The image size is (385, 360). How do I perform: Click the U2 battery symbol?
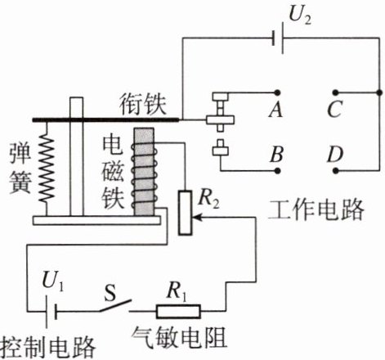(x=278, y=38)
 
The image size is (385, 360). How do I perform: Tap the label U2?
(x=299, y=15)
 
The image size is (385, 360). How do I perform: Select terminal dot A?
(x=277, y=92)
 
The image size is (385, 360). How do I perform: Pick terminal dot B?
(x=277, y=171)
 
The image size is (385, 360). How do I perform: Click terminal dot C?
(x=336, y=92)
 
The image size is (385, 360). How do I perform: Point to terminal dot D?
(x=336, y=171)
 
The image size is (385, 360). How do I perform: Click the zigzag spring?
(x=47, y=169)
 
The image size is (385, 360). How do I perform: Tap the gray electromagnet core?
(x=144, y=172)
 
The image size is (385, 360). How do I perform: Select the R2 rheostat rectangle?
(x=185, y=213)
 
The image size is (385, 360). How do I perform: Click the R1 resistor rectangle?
(x=178, y=311)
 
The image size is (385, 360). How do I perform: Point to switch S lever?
(x=115, y=305)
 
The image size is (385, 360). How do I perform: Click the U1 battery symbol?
(x=51, y=312)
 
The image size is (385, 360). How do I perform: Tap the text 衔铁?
(x=143, y=105)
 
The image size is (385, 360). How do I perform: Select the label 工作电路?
(x=316, y=209)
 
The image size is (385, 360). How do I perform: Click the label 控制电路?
(x=48, y=348)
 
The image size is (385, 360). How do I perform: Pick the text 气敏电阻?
(x=179, y=338)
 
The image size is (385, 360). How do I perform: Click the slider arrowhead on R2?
(x=196, y=218)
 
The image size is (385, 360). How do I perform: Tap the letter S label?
(x=110, y=293)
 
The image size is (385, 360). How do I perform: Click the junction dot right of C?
(x=379, y=92)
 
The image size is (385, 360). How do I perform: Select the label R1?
(x=177, y=291)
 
